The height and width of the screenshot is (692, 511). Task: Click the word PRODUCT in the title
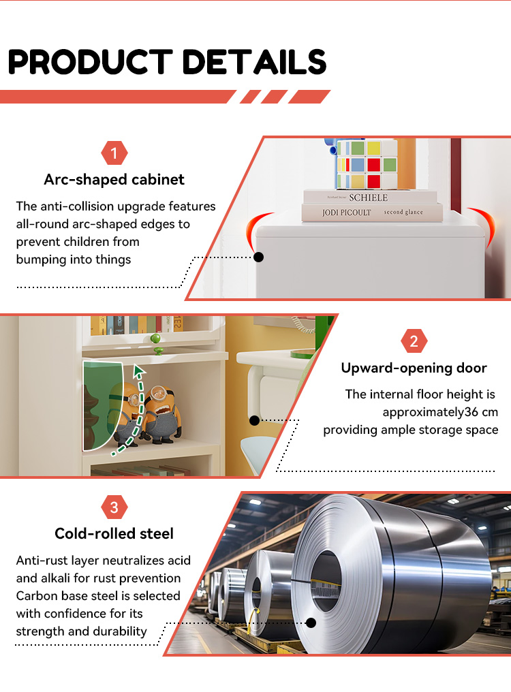pos(90,62)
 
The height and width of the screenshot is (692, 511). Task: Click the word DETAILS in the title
pos(254,62)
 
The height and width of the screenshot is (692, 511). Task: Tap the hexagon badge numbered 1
pos(114,153)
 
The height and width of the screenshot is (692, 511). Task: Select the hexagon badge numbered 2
pos(414,341)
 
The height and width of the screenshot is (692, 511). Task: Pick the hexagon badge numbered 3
pos(114,507)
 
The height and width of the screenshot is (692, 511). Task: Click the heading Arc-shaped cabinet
pos(114,180)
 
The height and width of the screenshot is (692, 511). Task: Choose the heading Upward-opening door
pos(414,368)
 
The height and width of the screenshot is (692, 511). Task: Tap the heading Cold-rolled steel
pos(114,533)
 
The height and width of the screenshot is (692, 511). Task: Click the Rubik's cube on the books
pos(366,163)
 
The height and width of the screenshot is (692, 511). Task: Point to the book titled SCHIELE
pos(370,197)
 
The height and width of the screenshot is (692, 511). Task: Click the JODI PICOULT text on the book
pos(347,213)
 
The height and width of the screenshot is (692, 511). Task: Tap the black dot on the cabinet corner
pos(259,257)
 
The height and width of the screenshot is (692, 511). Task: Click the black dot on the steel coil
pos(311,623)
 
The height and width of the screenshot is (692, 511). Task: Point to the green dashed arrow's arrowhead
pos(139,371)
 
